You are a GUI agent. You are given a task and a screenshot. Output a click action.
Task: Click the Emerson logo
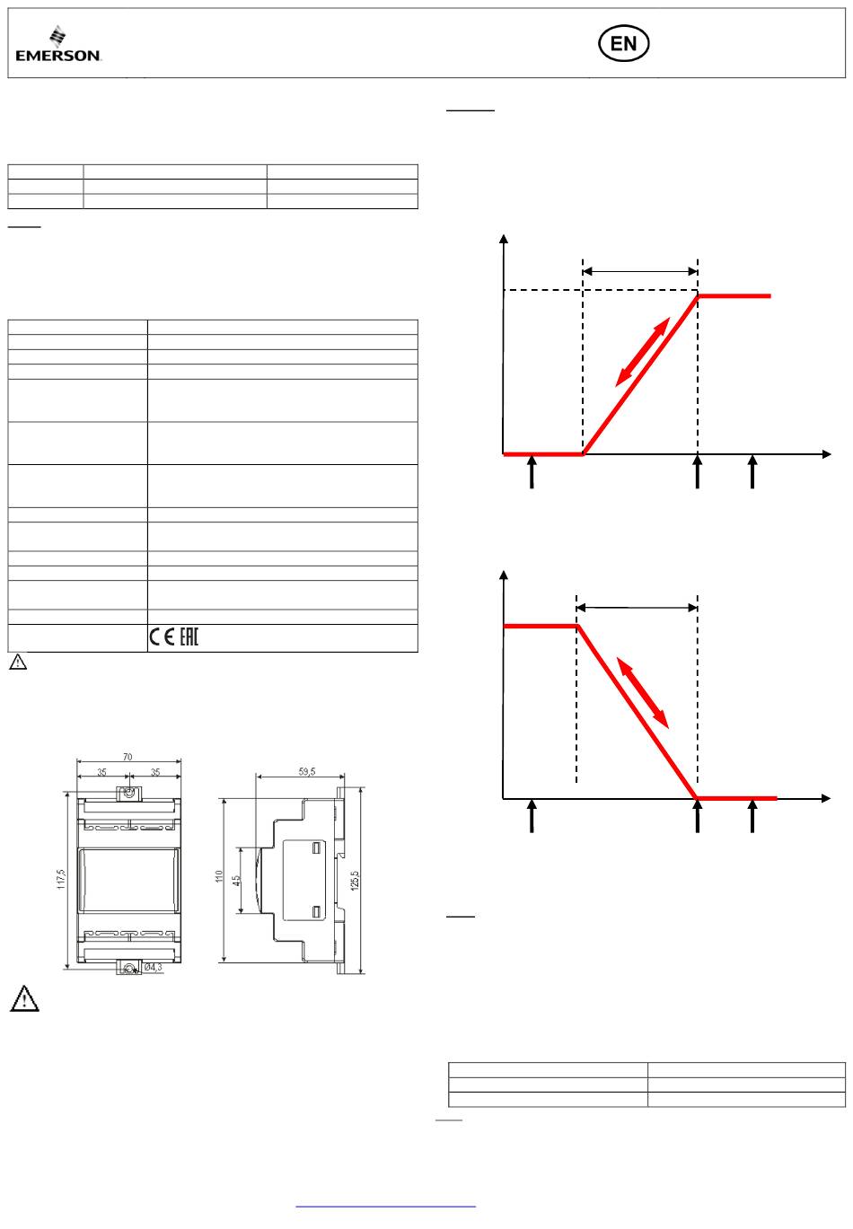click(58, 43)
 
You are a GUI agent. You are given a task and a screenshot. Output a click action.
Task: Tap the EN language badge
click(623, 43)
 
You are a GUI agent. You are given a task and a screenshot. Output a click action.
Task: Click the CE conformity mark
click(162, 637)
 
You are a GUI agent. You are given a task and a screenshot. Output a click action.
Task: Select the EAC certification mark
click(189, 637)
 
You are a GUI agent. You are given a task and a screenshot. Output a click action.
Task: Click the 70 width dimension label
click(128, 757)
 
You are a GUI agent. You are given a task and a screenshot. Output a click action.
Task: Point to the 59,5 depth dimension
click(307, 771)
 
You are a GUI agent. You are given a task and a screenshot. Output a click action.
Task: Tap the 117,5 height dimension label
click(61, 879)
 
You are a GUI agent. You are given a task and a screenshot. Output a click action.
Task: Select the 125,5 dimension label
click(355, 880)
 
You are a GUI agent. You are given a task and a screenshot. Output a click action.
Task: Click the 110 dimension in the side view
click(219, 876)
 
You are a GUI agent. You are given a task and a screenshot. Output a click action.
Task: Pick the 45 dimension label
click(236, 880)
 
